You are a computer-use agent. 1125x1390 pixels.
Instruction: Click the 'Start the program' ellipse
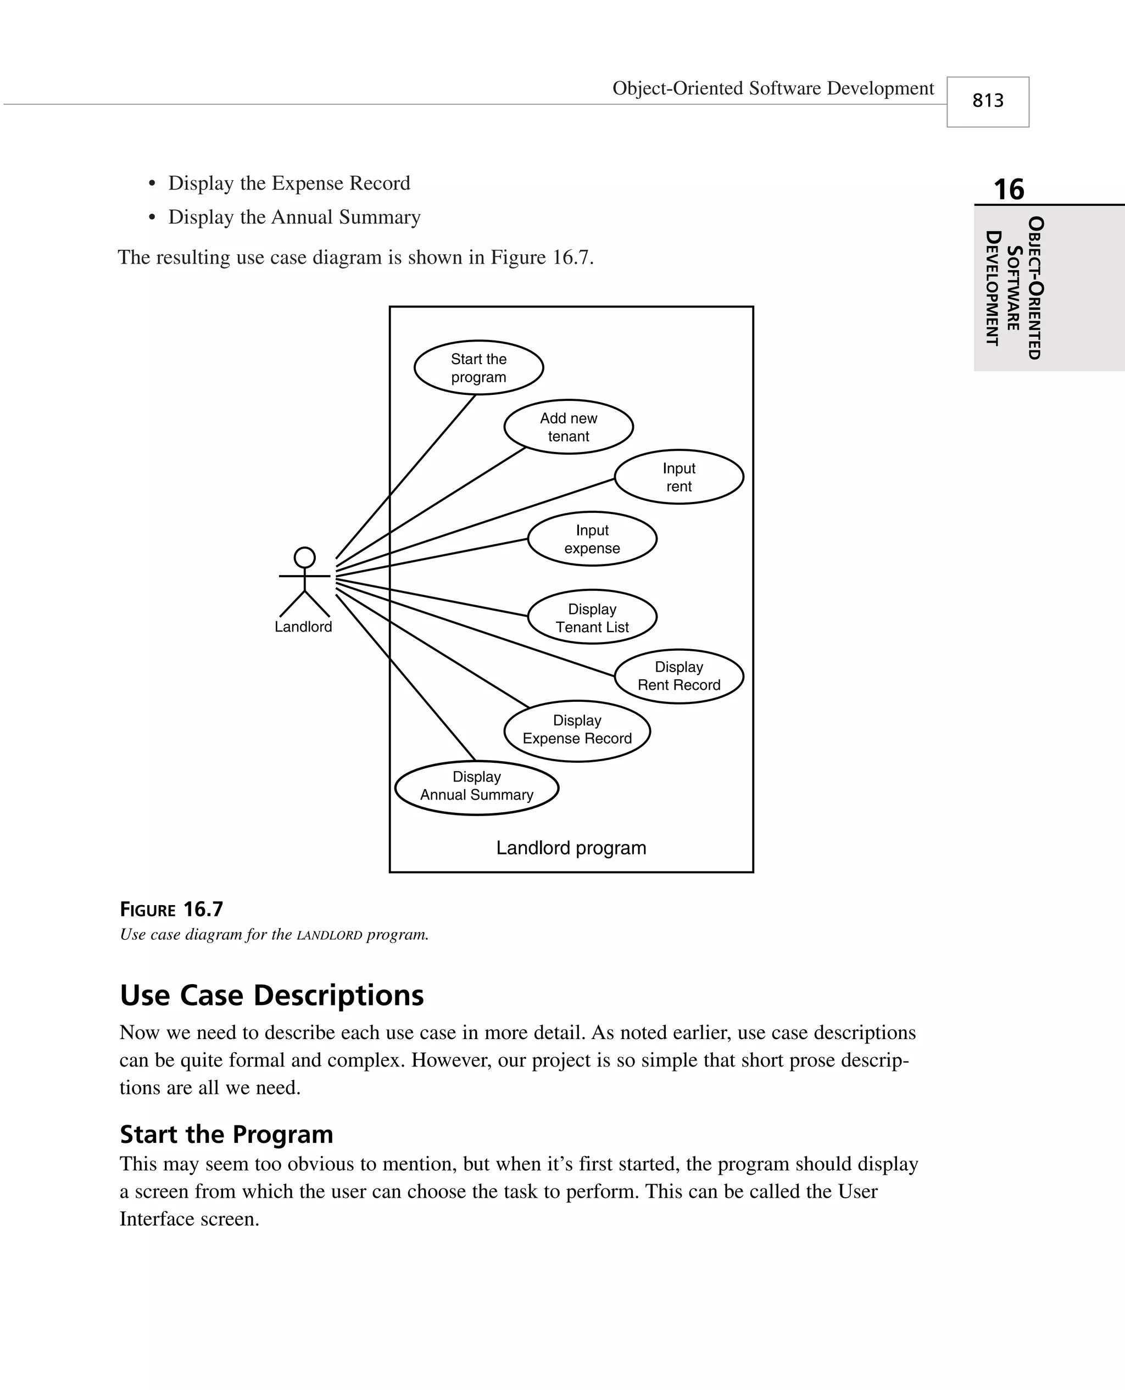[x=478, y=367]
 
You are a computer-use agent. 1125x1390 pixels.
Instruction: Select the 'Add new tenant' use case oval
[x=569, y=427]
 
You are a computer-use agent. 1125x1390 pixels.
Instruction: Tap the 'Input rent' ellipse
[x=678, y=477]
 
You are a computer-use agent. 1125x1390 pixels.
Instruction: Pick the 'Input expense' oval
[x=592, y=539]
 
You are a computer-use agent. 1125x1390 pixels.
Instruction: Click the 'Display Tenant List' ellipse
[x=592, y=617]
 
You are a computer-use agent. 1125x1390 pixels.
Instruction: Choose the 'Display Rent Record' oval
[x=678, y=676]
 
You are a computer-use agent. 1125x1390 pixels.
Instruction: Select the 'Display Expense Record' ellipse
[x=577, y=730]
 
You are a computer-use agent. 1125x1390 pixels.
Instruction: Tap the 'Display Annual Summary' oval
[x=476, y=786]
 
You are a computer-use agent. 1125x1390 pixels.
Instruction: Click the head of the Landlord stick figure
[x=304, y=557]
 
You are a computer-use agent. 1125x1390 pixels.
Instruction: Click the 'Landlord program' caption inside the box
[x=571, y=848]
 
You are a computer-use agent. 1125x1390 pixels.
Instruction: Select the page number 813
[x=988, y=101]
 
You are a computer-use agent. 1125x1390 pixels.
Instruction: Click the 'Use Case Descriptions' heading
[x=271, y=996]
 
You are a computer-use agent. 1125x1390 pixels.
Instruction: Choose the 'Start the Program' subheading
[x=226, y=1134]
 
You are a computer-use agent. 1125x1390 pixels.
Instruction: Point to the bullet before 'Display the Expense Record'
[x=152, y=184]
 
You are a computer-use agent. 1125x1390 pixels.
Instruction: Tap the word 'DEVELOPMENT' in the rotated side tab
[x=992, y=288]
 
